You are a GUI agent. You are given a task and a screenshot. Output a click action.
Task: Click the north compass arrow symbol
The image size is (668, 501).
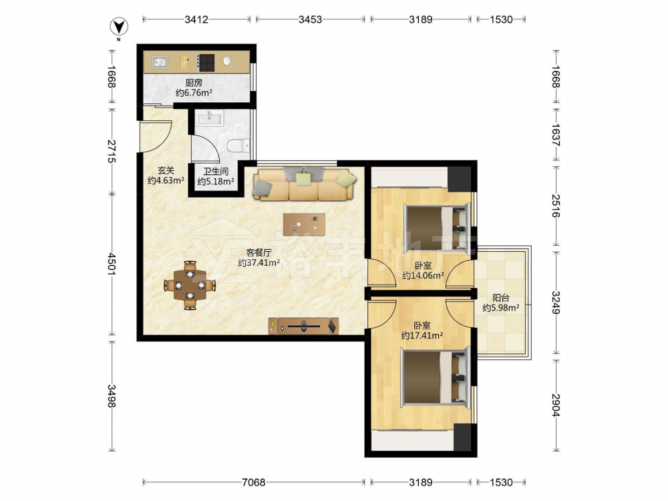coord(119,27)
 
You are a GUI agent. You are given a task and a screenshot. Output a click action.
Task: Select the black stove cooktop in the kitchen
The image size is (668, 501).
coord(206,63)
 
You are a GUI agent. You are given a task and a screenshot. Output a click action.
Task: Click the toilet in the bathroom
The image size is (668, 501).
coord(238,146)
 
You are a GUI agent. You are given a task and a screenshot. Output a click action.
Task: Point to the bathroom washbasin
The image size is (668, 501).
coord(208,118)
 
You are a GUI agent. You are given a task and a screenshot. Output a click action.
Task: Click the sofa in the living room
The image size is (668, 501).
coord(304,184)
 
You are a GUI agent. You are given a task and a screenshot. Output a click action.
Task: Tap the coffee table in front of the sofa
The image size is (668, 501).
coord(304,224)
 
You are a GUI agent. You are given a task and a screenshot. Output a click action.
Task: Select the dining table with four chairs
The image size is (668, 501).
coord(190,285)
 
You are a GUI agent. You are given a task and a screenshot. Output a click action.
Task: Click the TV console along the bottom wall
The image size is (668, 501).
coord(303,326)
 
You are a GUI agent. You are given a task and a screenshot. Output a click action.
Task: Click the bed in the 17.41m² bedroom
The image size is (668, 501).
coord(436,376)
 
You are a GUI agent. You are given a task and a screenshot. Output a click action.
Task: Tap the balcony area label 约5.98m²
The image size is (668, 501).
coord(500,307)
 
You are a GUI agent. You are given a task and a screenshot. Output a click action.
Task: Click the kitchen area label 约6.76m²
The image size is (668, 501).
coord(194,92)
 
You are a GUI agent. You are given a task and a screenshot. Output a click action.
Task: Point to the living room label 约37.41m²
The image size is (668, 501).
coord(259,263)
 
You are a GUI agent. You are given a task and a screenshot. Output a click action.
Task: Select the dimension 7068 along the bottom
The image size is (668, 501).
coord(253,482)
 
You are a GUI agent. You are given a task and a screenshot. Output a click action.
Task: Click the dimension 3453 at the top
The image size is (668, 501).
coord(310,19)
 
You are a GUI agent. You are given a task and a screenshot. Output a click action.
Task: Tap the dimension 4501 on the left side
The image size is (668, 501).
coord(112,264)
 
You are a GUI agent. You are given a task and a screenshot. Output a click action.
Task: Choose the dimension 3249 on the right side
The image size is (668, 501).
coord(556,302)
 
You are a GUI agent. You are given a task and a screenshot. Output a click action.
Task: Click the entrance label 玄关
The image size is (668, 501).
coord(166,170)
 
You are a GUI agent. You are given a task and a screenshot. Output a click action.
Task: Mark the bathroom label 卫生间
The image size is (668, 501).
coord(216,171)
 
